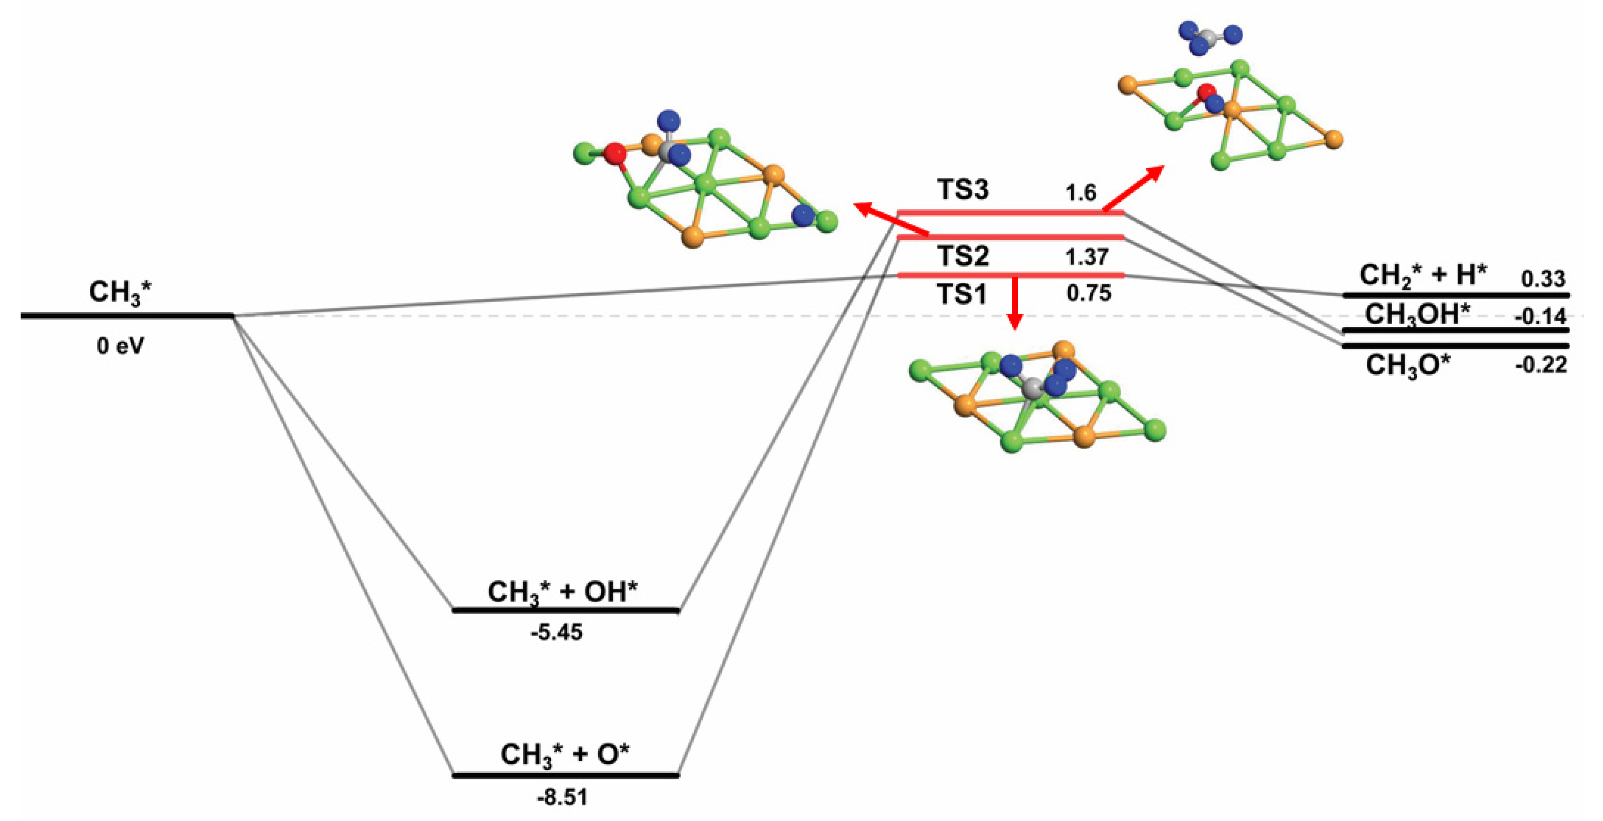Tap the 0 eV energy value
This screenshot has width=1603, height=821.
tap(120, 346)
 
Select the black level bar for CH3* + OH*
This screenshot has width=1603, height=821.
tap(565, 610)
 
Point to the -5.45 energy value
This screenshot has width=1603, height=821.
tap(557, 633)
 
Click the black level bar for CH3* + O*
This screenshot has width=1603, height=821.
tap(565, 775)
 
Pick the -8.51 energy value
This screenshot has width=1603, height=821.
tap(562, 798)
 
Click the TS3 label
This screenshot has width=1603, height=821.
tap(963, 190)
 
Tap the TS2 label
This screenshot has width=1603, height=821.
tap(963, 256)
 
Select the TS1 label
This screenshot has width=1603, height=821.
tap(963, 294)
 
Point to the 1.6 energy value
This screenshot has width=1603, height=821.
tap(1080, 193)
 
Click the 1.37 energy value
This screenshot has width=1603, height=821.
tap(1087, 257)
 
